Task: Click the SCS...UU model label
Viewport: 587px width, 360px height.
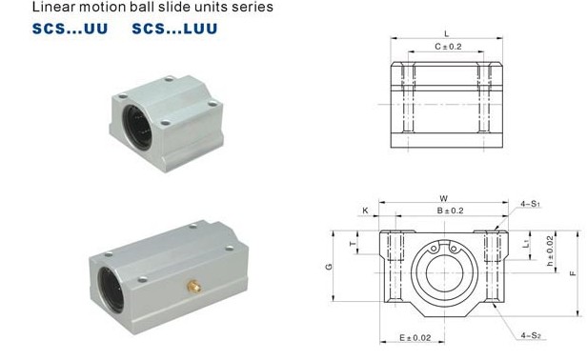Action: [x=70, y=29]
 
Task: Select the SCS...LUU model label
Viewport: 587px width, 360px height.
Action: [x=174, y=29]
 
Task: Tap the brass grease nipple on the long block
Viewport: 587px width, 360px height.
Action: [x=194, y=287]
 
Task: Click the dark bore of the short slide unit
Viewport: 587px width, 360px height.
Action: [x=137, y=128]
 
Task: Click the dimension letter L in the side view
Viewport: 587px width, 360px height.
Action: [x=446, y=33]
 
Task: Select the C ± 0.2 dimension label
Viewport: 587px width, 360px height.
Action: [x=448, y=47]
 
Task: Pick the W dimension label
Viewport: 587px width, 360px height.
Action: [x=444, y=198]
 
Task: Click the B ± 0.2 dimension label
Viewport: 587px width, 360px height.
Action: [x=451, y=210]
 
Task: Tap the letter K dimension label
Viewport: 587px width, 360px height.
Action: [x=365, y=210]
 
